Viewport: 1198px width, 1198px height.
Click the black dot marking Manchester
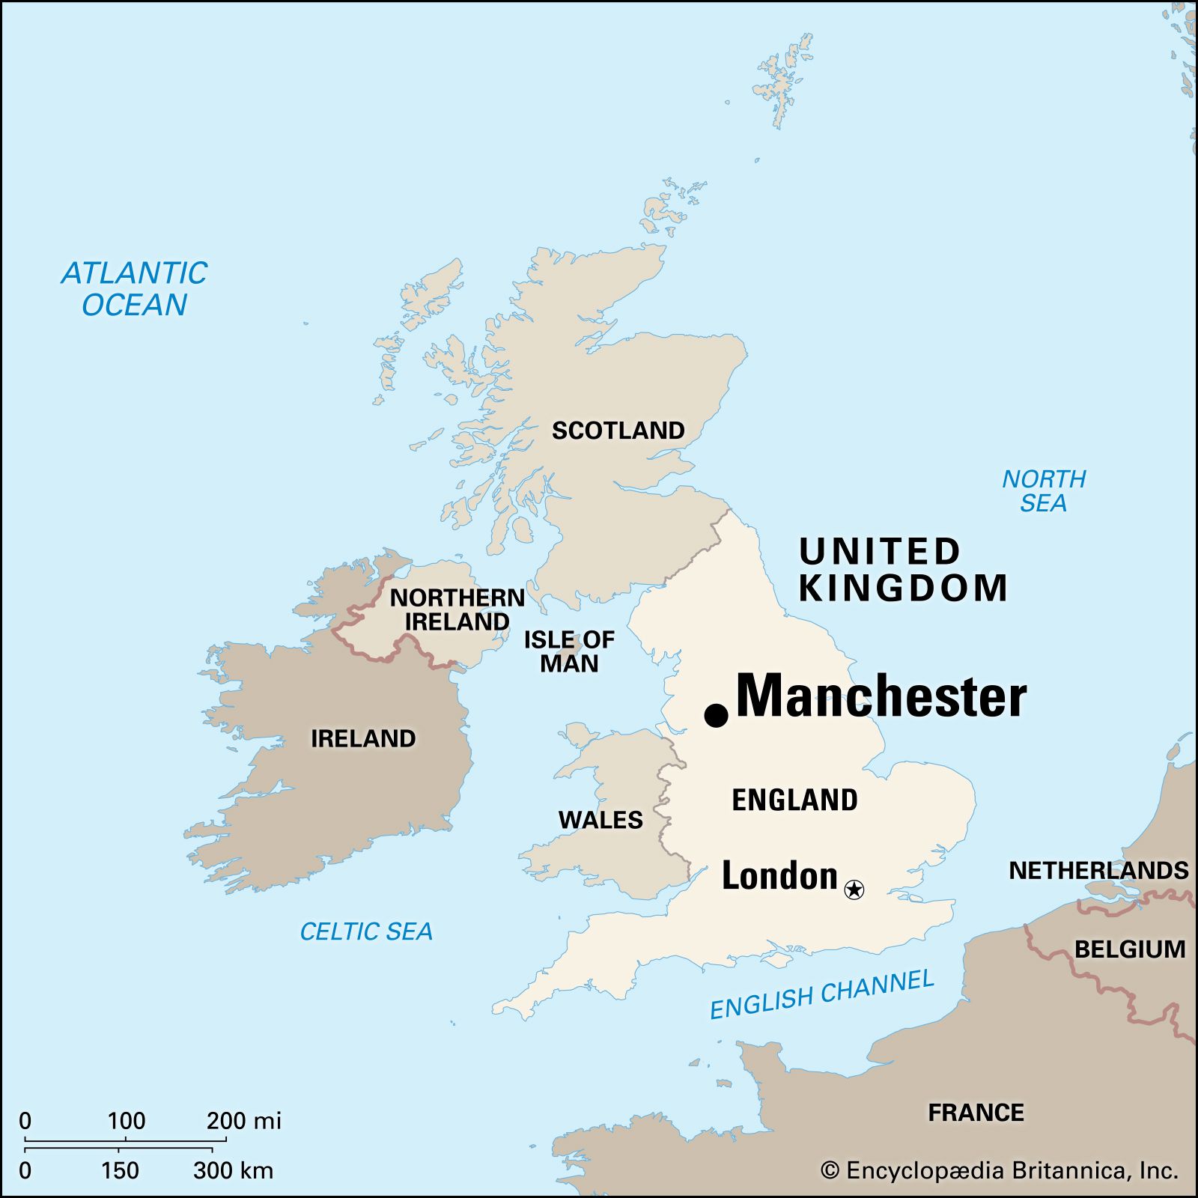[717, 715]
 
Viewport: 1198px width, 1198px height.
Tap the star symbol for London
[854, 890]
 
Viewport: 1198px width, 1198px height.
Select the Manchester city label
[881, 696]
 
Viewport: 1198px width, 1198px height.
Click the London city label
[779, 875]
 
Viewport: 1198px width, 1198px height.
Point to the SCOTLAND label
[618, 431]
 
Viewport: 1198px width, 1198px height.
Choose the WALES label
[600, 820]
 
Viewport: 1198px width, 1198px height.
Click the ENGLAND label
[794, 800]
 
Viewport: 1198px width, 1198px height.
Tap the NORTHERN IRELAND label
[457, 609]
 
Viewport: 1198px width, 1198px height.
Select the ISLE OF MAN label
[569, 651]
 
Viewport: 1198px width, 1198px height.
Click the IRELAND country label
[363, 738]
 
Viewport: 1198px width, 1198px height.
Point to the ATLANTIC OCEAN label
[134, 289]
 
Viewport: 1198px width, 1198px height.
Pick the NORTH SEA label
[1044, 491]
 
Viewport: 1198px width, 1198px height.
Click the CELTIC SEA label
[366, 931]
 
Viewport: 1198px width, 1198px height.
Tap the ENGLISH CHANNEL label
[821, 994]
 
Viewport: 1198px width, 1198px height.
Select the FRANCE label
[976, 1113]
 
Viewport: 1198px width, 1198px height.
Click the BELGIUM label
[1129, 949]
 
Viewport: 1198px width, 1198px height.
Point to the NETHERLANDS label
[1098, 870]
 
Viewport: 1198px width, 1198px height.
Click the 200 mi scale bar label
[243, 1121]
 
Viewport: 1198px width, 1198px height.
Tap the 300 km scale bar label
[233, 1170]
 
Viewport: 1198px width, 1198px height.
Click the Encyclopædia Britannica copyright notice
[999, 1170]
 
